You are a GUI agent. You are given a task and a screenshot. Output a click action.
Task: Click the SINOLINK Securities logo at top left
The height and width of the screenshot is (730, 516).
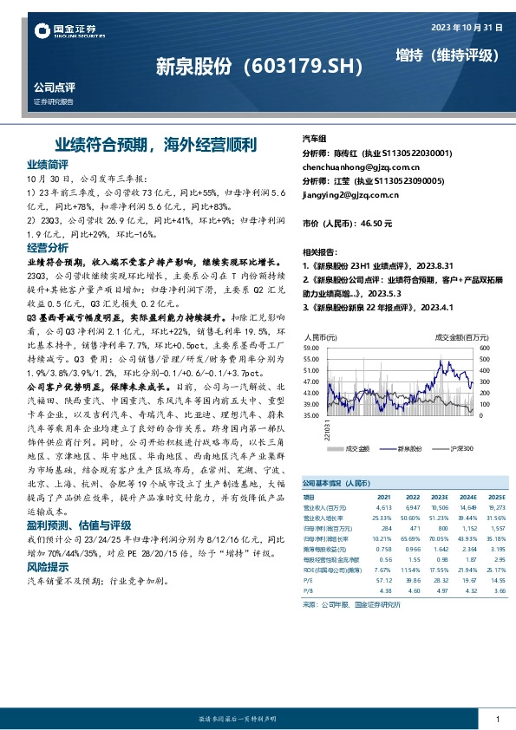[69, 33]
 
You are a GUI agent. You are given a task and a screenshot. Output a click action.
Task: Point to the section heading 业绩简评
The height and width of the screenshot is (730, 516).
[48, 164]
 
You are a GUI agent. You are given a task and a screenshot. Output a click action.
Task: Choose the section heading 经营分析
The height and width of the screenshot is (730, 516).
[48, 247]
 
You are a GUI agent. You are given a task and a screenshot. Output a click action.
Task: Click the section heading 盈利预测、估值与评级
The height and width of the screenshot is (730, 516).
[79, 525]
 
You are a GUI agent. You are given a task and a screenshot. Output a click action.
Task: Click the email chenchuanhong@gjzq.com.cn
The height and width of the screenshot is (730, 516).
[360, 166]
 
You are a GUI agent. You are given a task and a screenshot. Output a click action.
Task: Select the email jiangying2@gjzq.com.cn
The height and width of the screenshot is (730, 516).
[349, 195]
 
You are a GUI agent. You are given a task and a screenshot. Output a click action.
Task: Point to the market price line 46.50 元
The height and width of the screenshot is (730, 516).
[347, 224]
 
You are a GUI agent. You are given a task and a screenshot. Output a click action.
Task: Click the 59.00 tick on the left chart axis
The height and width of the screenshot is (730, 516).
[310, 347]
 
